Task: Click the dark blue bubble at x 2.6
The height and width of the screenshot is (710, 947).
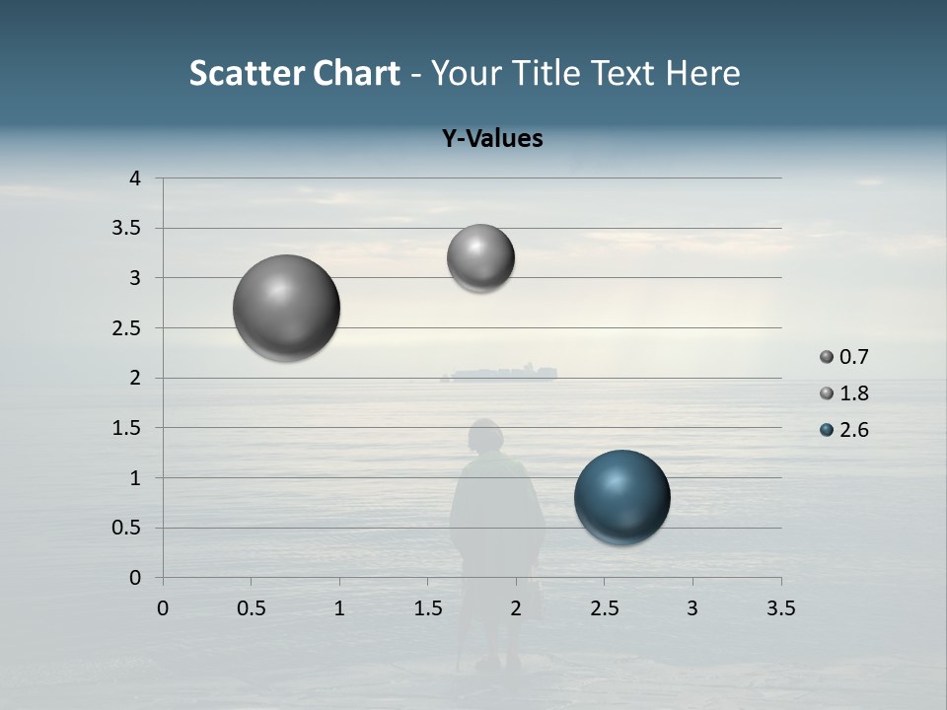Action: pos(621,497)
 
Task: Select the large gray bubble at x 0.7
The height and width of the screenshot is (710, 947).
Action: pos(286,308)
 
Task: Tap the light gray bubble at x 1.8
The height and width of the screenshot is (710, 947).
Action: pos(480,258)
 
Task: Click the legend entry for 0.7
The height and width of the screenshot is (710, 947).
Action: pos(844,357)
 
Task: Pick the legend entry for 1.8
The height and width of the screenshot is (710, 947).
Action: pos(844,393)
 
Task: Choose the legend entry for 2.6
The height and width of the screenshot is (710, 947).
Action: pos(844,430)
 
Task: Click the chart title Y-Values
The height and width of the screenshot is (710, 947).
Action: pos(492,139)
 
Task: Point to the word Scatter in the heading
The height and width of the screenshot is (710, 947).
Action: pos(247,73)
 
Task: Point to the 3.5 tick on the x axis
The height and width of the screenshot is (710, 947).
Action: pos(780,608)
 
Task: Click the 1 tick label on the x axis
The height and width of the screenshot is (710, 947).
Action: pos(339,608)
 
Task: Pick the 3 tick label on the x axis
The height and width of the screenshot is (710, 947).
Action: pos(692,608)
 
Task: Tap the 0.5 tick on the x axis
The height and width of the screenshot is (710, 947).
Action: pos(251,608)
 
